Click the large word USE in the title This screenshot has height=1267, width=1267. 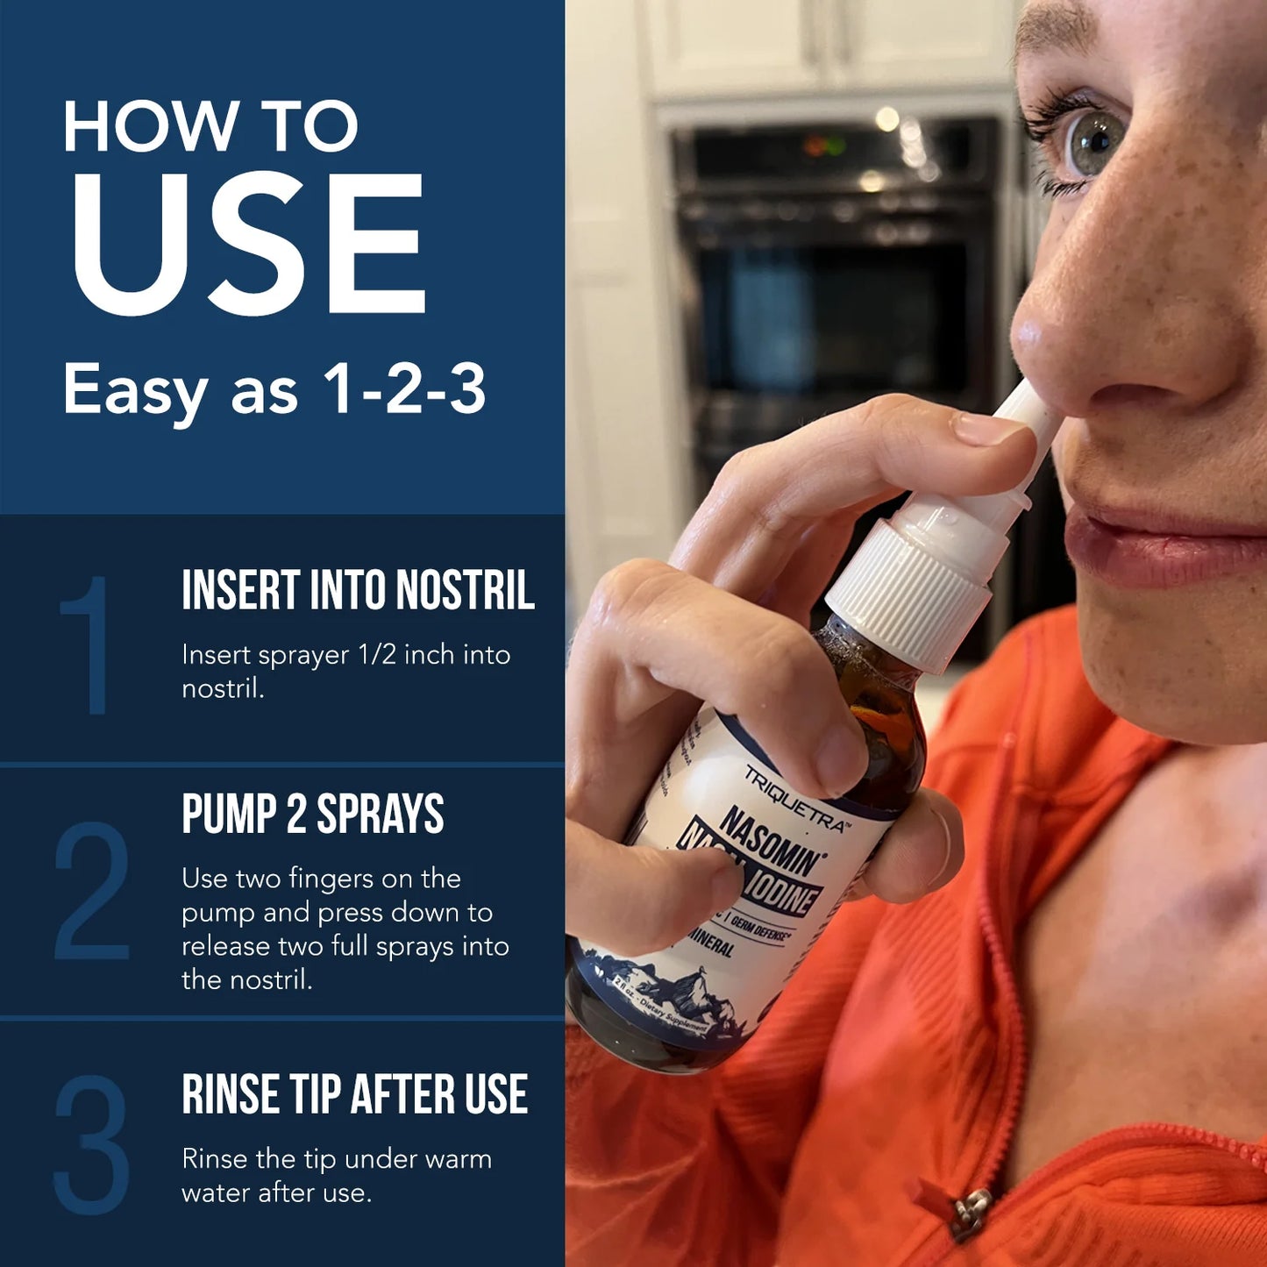tap(247, 244)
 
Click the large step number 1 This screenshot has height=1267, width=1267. tap(88, 644)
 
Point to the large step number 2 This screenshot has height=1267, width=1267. tap(91, 890)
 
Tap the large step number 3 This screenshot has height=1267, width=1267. tap(91, 1144)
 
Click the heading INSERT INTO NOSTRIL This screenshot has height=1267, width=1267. tap(358, 590)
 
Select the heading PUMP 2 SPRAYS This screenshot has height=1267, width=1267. tap(312, 815)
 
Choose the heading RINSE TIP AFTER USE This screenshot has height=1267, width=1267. tap(354, 1094)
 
